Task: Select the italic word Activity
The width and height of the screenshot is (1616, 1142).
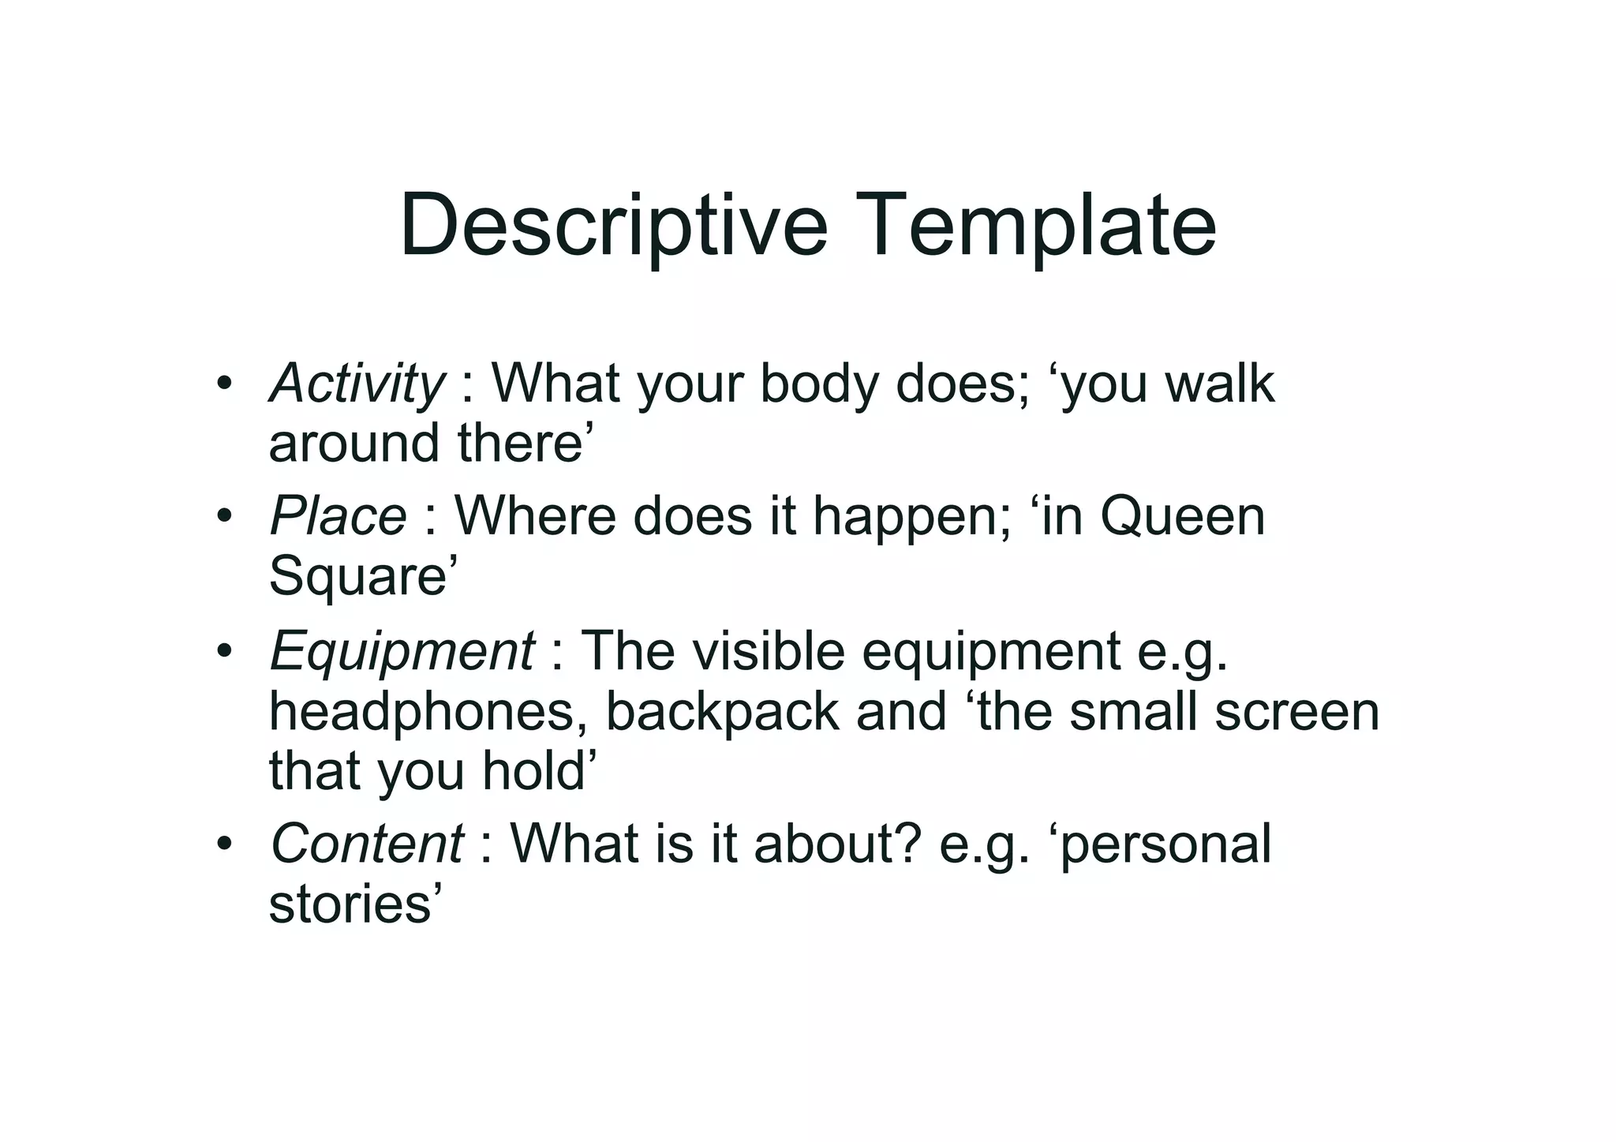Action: (357, 384)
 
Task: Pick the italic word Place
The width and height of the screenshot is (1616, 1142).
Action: (339, 517)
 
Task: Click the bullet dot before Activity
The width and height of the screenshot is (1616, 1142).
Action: (225, 384)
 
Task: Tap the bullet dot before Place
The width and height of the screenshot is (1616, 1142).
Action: (225, 517)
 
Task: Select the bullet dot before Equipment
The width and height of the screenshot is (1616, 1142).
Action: (225, 652)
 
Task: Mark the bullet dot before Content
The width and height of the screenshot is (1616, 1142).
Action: (225, 844)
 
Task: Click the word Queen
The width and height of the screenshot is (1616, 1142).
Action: (1183, 517)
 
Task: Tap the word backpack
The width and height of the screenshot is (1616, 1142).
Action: (722, 711)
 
